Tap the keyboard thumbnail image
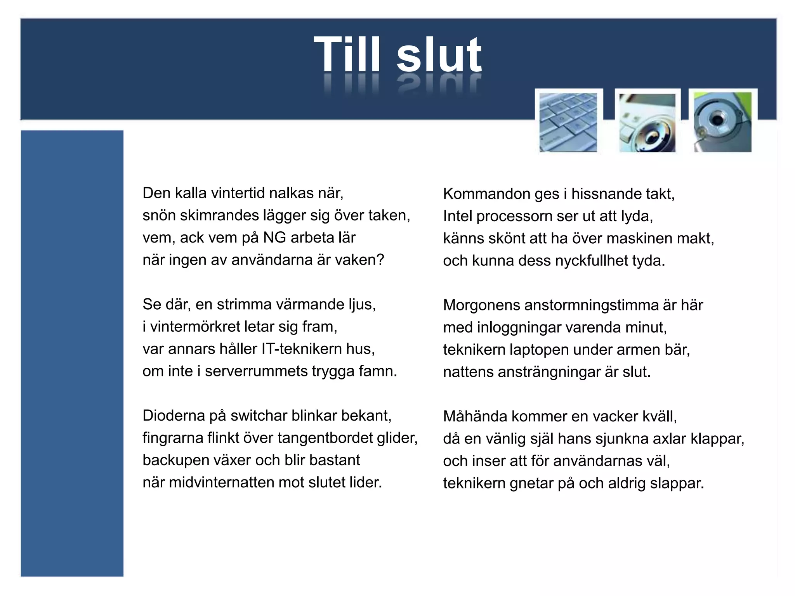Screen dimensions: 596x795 pos(568,122)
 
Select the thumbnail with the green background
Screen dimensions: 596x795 pos(722,122)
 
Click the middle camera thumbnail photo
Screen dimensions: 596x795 pos(647,123)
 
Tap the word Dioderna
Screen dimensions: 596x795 pos(174,416)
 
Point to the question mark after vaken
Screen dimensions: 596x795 pos(380,260)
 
